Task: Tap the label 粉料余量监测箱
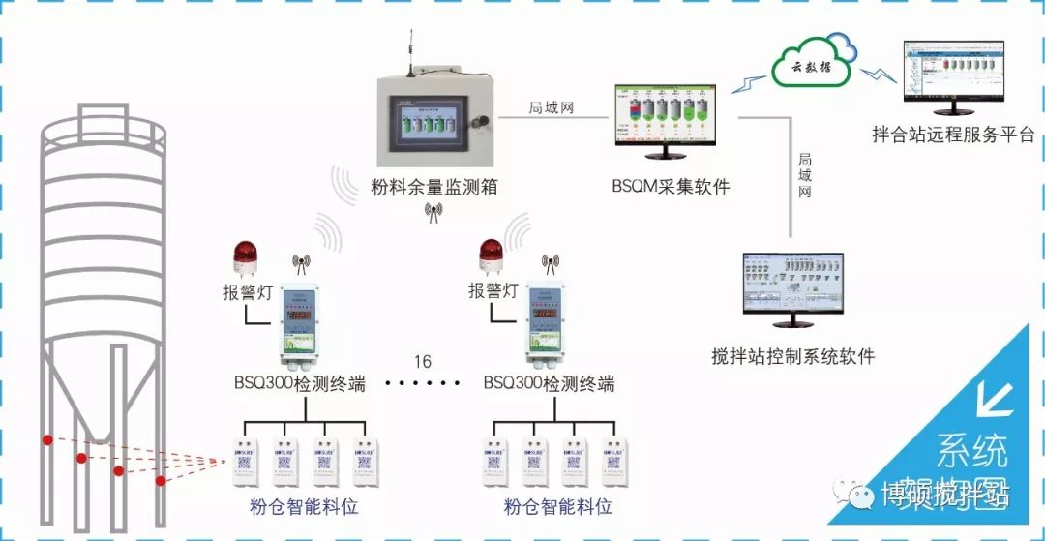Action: click(x=434, y=186)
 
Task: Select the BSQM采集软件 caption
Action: click(x=671, y=186)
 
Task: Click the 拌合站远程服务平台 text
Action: click(x=953, y=135)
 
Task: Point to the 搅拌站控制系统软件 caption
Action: click(x=792, y=357)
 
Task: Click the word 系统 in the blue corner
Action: click(x=971, y=451)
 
